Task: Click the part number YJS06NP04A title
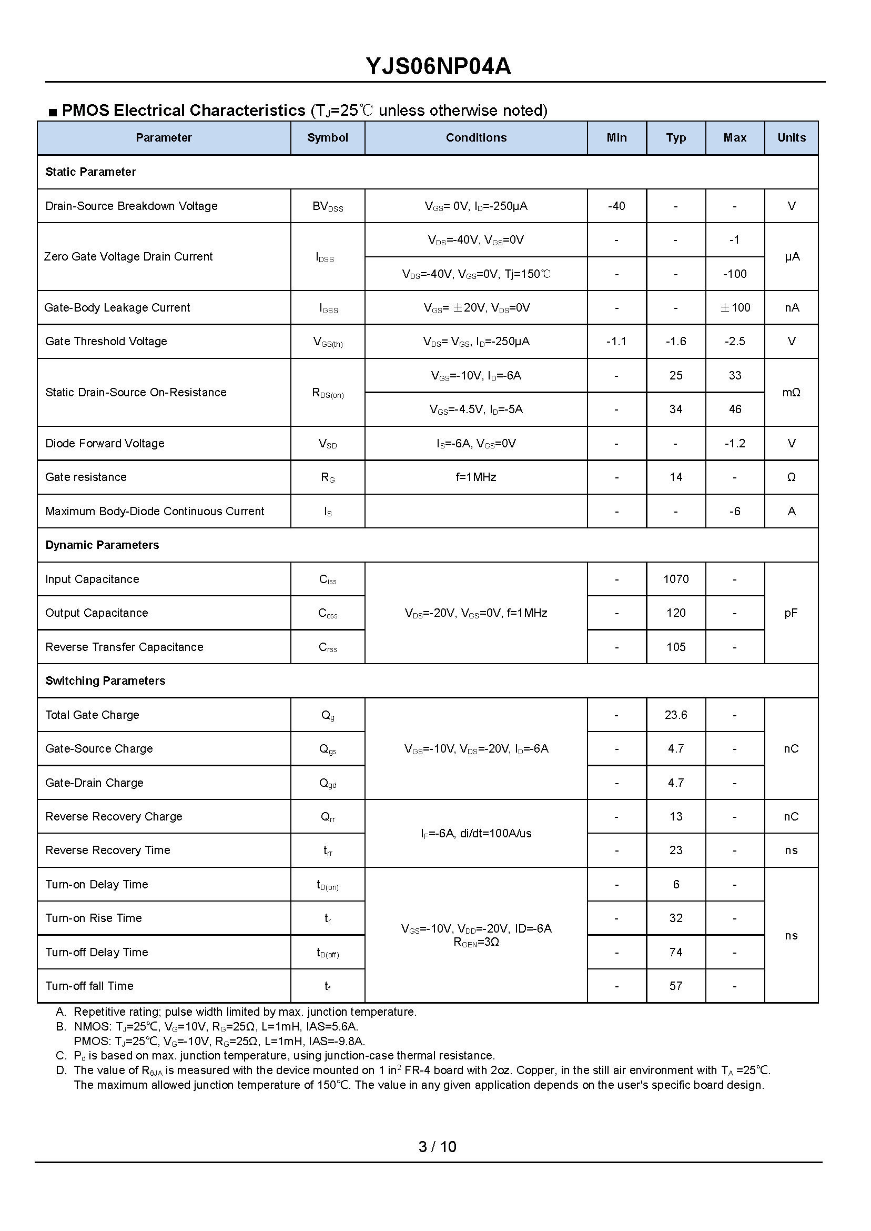coord(438,66)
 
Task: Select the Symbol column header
coord(327,138)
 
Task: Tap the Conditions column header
coord(475,138)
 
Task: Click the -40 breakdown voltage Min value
coord(616,206)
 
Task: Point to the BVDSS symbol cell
coord(327,207)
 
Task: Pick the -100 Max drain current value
coord(734,274)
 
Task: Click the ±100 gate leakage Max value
coord(734,308)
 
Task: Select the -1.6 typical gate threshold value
coord(675,342)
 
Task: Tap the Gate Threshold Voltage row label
coord(106,342)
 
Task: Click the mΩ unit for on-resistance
coord(791,393)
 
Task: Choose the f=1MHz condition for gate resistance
coord(475,477)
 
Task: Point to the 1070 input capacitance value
coord(675,579)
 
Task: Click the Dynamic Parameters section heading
coord(102,545)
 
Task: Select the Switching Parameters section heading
coord(105,681)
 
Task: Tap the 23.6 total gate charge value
coord(675,715)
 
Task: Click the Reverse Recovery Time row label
coord(107,850)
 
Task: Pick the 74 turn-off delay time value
coord(675,953)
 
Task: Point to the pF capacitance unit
coord(791,613)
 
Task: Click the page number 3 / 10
coord(437,1147)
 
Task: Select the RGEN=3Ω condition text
coord(475,942)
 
